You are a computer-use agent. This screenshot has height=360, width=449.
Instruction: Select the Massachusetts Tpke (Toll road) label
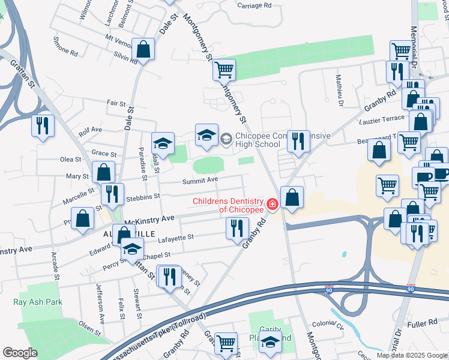(x=155, y=332)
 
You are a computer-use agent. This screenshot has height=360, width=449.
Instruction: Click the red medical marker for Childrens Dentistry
(x=272, y=205)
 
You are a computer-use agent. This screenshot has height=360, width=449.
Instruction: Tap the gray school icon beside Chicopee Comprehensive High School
(x=226, y=140)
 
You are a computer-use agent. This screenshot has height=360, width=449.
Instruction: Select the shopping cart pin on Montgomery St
(x=224, y=70)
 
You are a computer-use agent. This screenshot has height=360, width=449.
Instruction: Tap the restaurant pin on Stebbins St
(x=112, y=194)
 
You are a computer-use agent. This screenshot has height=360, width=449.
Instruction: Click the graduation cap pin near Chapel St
(x=132, y=248)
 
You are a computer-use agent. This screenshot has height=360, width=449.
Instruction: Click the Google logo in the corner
(x=20, y=353)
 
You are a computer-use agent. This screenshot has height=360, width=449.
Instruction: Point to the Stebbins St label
(x=142, y=196)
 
